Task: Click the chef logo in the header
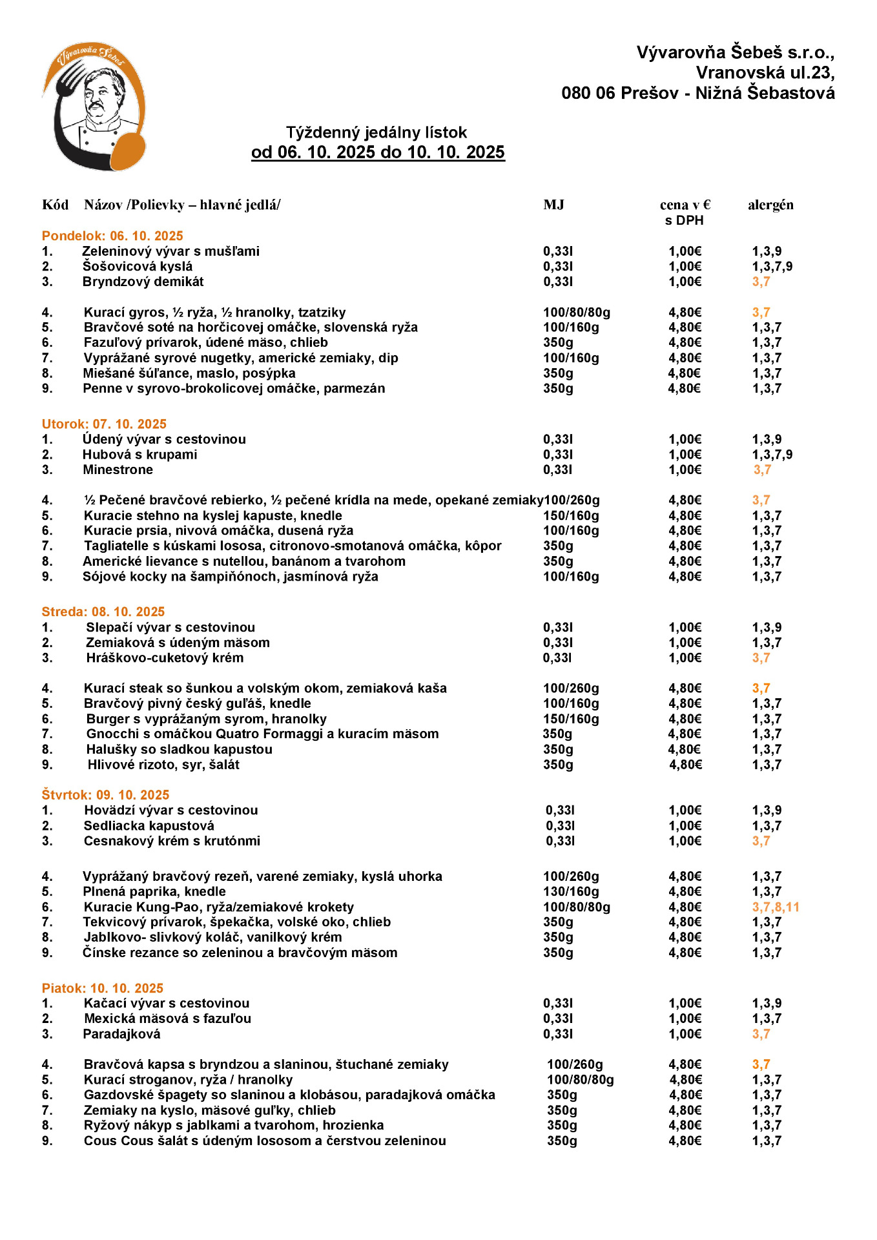pos(94,107)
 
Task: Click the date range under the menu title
pos(378,152)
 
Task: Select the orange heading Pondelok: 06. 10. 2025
pos(112,236)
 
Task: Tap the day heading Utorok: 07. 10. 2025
pos(104,424)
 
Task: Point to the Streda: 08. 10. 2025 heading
pos(103,612)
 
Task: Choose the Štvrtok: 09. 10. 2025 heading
pos(105,795)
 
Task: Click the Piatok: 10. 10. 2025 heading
pos(103,988)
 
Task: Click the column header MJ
pos(553,205)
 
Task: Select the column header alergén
pos(770,205)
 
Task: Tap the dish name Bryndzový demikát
pos(143,282)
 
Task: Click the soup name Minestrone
pos(118,470)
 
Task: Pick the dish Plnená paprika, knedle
pos(154,892)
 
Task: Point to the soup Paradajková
pos(121,1034)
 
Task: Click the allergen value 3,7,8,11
pos(776,907)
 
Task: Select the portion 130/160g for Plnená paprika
pos(571,892)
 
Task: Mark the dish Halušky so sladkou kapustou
pos(179,749)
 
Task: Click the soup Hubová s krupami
pos(139,455)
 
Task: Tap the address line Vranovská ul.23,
pos(765,72)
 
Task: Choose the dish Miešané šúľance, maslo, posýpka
pos(189,373)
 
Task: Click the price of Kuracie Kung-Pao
pos(685,907)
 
